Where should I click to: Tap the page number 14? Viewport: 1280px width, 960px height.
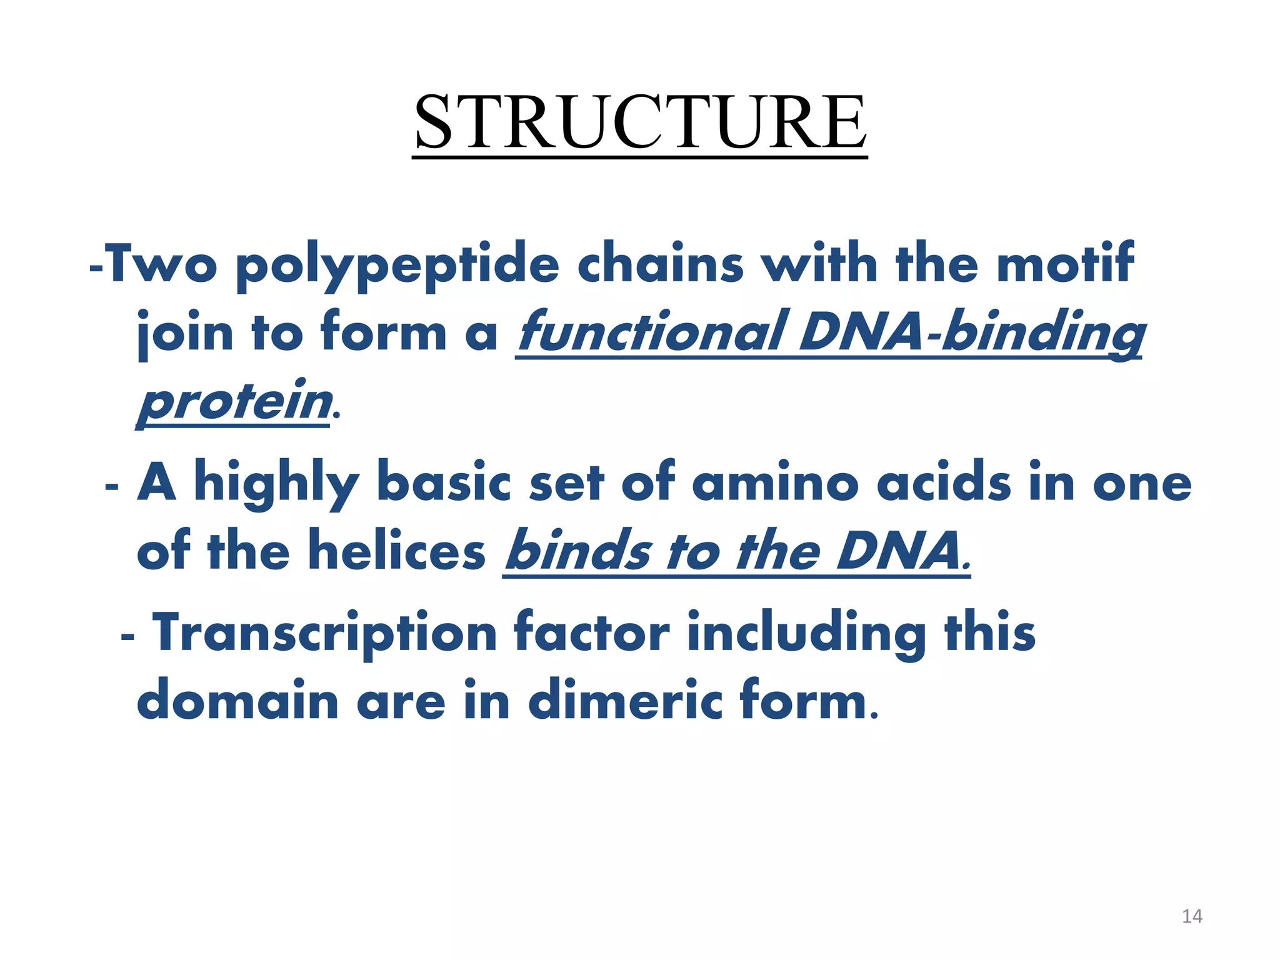1192,916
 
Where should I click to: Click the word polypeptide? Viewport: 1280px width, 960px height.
397,266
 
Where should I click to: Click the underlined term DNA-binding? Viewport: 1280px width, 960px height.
972,334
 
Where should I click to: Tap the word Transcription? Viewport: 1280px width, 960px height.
325,634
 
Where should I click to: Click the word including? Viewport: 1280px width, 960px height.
807,634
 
